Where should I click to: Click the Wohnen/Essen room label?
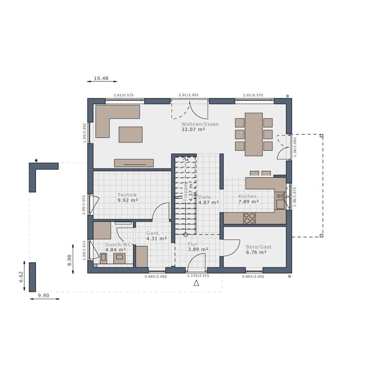click(x=200, y=124)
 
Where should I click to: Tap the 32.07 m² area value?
click(x=193, y=130)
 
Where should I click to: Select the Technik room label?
click(x=127, y=195)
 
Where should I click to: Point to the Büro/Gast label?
click(x=259, y=247)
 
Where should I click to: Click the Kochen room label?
click(x=248, y=196)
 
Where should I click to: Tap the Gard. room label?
click(x=154, y=233)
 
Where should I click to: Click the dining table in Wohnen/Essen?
click(x=254, y=134)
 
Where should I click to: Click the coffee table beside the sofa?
click(x=131, y=134)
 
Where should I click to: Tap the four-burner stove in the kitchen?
click(x=250, y=218)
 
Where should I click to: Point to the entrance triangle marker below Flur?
click(x=196, y=283)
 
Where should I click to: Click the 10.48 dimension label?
click(x=101, y=78)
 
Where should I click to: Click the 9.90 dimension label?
click(x=43, y=295)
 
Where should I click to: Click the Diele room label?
click(x=204, y=197)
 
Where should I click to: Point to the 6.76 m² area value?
click(x=256, y=252)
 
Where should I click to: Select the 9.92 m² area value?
click(x=128, y=200)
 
